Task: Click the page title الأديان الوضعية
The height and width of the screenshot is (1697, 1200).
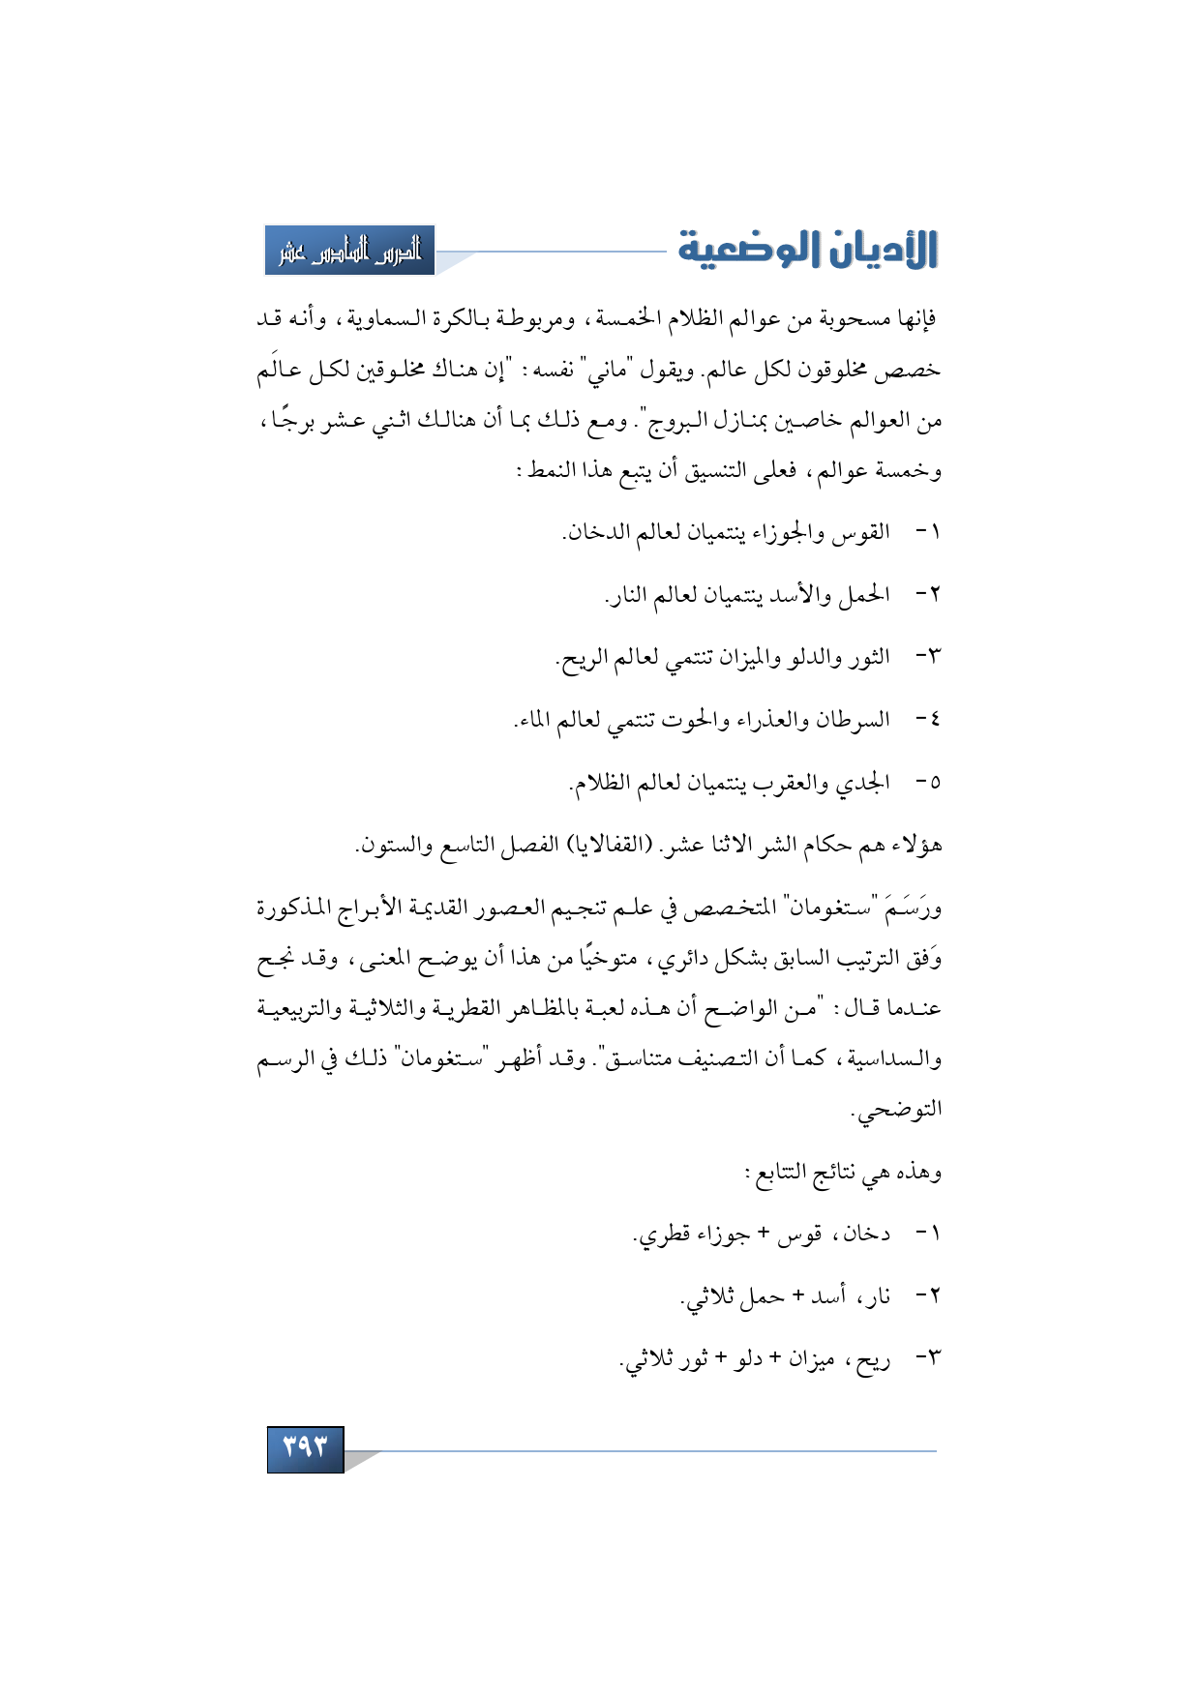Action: [x=807, y=249]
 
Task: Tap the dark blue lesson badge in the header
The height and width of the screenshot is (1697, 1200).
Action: [x=350, y=251]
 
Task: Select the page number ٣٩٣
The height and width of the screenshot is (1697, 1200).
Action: [x=305, y=1448]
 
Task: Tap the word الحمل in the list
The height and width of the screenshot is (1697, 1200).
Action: [x=864, y=594]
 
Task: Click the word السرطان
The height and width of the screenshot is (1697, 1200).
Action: [x=852, y=720]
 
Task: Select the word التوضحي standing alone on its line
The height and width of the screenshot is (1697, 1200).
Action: [x=898, y=1110]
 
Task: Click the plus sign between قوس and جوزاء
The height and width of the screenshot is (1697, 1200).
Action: [x=764, y=1233]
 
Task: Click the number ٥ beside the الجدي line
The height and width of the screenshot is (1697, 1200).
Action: [x=933, y=783]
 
